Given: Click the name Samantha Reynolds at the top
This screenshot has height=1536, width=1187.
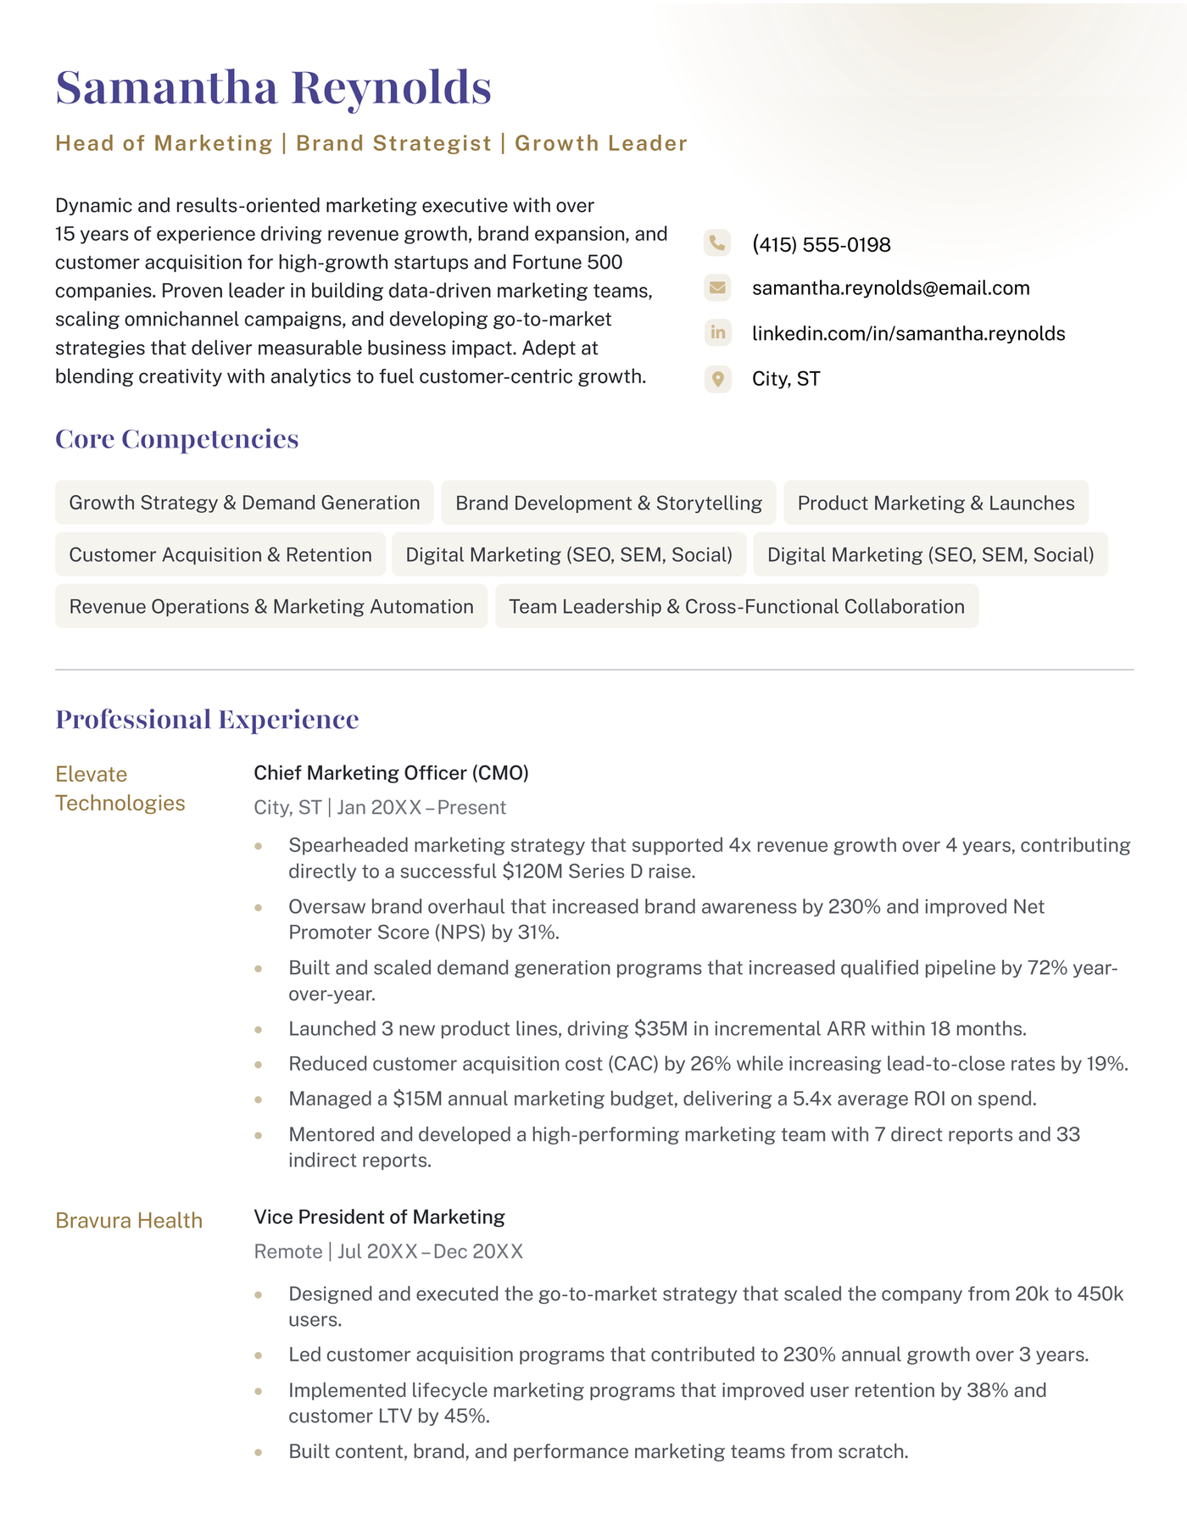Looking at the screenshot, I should [273, 87].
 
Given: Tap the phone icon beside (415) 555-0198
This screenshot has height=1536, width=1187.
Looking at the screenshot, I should [717, 244].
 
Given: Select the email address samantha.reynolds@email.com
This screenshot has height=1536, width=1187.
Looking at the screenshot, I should [890, 288].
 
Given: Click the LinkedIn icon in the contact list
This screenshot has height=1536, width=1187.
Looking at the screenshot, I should [717, 332].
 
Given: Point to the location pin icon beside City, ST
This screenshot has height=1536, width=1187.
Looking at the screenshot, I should [717, 378].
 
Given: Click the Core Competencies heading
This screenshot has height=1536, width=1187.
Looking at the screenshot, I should [176, 439].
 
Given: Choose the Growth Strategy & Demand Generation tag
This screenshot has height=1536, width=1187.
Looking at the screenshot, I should [244, 503].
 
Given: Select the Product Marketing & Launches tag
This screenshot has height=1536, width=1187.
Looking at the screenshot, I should [935, 503].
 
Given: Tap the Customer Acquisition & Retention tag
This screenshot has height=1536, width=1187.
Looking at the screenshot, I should [220, 554].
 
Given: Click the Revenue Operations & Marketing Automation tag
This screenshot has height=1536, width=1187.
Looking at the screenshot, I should [271, 606].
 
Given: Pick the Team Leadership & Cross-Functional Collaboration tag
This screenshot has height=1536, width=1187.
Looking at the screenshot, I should [736, 606].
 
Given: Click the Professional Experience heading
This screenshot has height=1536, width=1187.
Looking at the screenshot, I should [207, 720].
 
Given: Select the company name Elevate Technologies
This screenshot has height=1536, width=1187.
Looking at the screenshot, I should [120, 788].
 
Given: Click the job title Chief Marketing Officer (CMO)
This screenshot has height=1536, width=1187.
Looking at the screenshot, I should [391, 773].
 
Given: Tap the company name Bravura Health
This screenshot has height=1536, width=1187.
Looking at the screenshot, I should [129, 1221].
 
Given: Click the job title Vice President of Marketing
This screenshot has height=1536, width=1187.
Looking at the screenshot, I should [379, 1217].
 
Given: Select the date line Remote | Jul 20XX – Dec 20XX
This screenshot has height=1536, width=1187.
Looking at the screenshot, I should [388, 1252].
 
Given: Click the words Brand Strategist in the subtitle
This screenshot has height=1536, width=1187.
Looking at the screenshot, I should [393, 143].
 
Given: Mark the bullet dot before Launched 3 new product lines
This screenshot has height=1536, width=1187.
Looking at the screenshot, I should [259, 1029].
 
